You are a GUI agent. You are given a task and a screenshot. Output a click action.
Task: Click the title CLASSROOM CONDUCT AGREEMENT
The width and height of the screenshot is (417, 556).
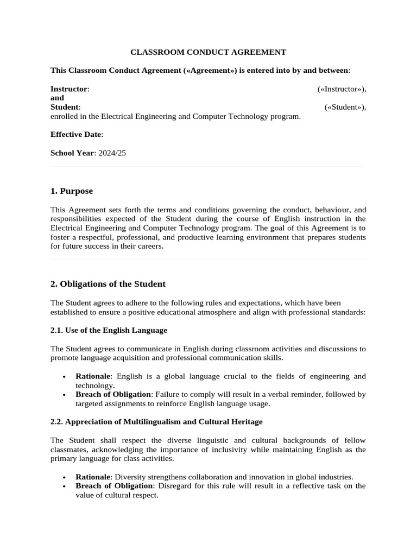[x=208, y=53]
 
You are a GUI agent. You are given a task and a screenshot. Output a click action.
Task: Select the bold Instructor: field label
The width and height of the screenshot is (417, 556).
[x=69, y=89]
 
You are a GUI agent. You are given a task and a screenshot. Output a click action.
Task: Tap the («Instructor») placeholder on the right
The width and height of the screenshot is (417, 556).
[x=342, y=89]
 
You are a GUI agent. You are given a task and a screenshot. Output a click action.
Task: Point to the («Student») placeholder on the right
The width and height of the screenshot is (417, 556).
[x=345, y=107]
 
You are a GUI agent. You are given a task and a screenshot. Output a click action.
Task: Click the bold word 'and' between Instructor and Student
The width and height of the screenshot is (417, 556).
[x=57, y=98]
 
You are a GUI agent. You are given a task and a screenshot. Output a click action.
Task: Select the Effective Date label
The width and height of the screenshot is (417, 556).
[x=76, y=134]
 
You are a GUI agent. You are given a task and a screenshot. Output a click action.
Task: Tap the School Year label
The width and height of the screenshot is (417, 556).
[x=72, y=153]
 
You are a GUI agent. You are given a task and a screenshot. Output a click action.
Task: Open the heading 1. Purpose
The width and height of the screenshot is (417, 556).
[x=72, y=191]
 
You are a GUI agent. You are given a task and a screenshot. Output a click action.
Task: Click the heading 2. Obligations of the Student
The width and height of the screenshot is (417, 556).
[x=108, y=284]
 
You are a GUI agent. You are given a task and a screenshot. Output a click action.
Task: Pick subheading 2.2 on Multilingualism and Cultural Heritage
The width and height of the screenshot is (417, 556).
[x=156, y=421]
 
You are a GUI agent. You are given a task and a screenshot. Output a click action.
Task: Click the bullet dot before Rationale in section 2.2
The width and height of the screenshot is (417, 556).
[x=65, y=477]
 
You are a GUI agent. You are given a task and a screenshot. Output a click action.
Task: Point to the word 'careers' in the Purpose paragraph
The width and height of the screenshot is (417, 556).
[x=149, y=246]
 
